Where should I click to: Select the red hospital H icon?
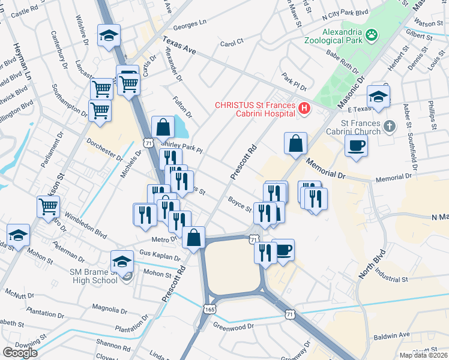[304, 109]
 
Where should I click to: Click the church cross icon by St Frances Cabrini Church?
[390, 126]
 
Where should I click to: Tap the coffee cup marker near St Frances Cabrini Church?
[356, 145]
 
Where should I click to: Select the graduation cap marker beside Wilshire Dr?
[109, 35]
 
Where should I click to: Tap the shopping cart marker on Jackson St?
[48, 206]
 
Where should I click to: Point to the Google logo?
[20, 352]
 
